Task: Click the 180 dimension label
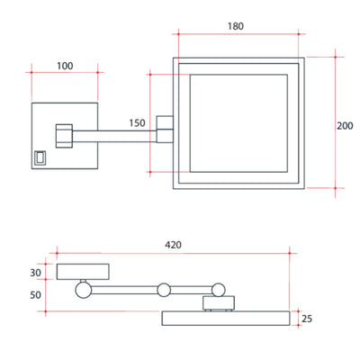(236, 26)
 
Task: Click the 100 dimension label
(65, 66)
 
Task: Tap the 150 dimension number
(137, 123)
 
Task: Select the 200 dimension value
(345, 126)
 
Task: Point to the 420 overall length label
(173, 245)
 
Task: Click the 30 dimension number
(35, 273)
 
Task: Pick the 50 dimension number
(35, 295)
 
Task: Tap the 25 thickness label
(307, 319)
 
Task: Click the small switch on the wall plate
(40, 157)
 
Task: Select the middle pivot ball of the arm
(164, 290)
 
